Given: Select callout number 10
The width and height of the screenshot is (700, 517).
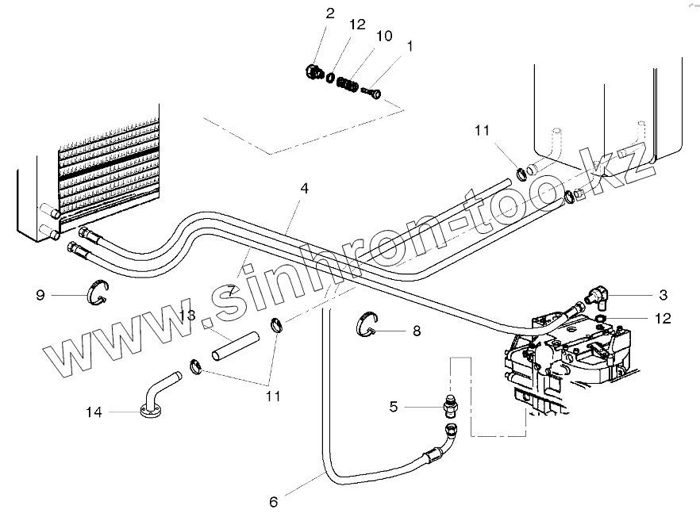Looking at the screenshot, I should click(x=383, y=36).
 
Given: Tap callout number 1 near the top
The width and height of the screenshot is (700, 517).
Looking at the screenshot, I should click(x=410, y=47).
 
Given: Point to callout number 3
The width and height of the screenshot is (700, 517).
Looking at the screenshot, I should click(x=663, y=295).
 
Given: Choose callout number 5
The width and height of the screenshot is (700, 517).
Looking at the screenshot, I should click(x=394, y=408).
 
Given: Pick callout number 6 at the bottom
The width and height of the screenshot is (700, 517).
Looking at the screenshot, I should click(x=274, y=502).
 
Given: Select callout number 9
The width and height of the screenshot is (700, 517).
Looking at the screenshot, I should click(x=40, y=296).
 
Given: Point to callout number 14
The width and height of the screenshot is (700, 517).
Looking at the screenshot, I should click(x=94, y=412).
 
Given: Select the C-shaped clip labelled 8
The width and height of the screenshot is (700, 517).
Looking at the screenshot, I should click(x=366, y=325).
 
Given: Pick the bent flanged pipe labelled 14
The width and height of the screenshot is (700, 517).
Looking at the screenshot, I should click(x=153, y=397).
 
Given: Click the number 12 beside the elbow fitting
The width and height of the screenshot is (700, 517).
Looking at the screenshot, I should click(x=663, y=319).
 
